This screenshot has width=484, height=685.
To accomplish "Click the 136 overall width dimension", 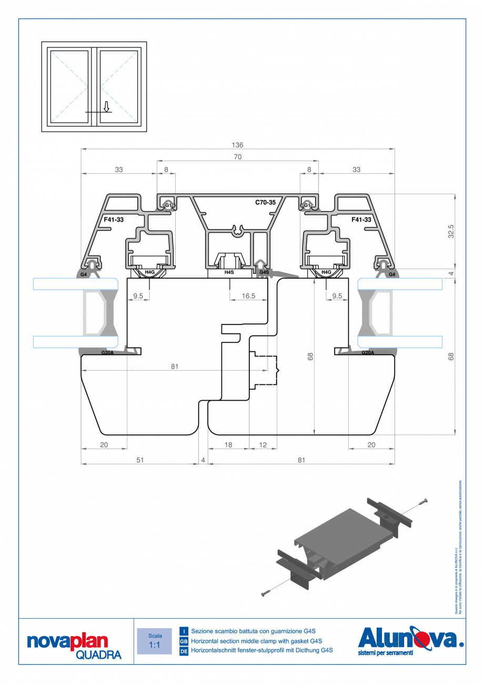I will [237, 145].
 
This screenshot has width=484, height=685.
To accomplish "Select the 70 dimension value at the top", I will [237, 157].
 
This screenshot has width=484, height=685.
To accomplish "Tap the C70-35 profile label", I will [265, 202].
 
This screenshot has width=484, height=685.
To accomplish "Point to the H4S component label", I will [229, 272].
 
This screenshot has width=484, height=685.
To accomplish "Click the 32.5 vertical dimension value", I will [451, 231].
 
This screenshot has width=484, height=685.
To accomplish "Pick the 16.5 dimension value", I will [248, 296].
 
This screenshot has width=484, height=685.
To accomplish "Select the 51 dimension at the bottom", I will [140, 460].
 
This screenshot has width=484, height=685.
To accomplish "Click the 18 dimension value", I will [228, 445].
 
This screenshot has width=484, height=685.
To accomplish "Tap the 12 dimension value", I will [263, 445].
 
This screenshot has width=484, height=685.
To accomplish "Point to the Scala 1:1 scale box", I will [155, 641].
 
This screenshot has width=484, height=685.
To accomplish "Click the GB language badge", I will [184, 641].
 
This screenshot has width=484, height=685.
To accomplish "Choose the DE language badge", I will [184, 651].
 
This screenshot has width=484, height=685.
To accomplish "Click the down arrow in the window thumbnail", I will [106, 107].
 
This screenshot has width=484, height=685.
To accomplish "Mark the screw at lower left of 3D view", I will [266, 593].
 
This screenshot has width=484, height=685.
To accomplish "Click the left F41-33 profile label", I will [114, 220].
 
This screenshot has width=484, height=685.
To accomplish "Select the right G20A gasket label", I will [368, 353].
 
